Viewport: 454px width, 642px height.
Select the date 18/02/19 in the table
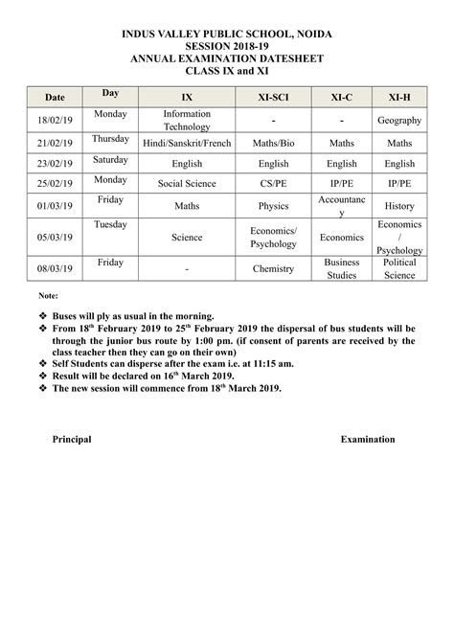click(x=54, y=120)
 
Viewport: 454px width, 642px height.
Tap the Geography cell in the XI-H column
click(x=399, y=121)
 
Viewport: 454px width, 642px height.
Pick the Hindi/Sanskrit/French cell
click(x=187, y=142)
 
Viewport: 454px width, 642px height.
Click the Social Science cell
click(x=187, y=183)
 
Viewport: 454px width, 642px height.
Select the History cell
click(x=399, y=205)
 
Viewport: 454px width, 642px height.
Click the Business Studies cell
click(x=341, y=268)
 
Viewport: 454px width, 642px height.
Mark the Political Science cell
click(x=399, y=268)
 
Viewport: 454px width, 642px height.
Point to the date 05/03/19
click(x=54, y=237)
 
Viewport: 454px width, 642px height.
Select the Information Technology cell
click(x=187, y=120)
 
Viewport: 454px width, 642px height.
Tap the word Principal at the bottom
click(x=72, y=439)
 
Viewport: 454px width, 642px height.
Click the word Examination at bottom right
click(x=368, y=439)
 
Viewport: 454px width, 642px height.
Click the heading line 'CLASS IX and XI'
click(x=226, y=70)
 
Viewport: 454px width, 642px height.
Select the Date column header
click(x=54, y=99)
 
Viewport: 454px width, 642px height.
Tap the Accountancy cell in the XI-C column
click(x=341, y=206)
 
